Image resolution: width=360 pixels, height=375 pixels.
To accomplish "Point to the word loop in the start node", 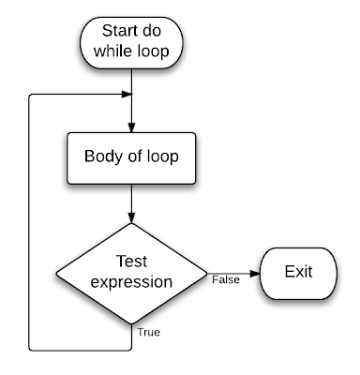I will (x=152, y=52).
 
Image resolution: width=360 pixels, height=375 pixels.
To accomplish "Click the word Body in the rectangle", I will (x=101, y=157).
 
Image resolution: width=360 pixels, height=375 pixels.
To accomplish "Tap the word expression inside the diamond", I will (x=131, y=281).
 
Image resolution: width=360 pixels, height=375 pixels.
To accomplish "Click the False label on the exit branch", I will (x=224, y=279).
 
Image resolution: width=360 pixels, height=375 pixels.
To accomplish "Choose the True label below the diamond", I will (x=148, y=332).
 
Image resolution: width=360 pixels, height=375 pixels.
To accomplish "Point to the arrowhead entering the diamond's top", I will (x=131, y=222).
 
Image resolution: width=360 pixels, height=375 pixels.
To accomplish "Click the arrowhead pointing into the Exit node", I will (x=254, y=273).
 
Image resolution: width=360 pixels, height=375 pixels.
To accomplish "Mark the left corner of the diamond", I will (x=56, y=273).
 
